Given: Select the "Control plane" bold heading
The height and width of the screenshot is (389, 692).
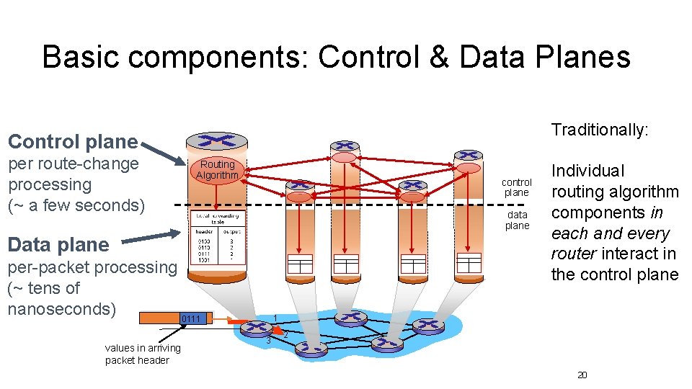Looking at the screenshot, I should click(72, 141).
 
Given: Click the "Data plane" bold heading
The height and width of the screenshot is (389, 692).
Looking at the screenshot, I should click(58, 244).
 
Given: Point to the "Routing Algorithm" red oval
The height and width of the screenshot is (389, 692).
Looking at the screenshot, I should click(217, 170).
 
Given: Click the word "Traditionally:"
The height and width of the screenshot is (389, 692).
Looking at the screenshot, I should click(600, 130).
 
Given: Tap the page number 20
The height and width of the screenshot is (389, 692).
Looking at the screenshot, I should click(582, 375).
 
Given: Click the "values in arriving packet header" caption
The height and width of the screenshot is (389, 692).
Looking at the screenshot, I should click(143, 354).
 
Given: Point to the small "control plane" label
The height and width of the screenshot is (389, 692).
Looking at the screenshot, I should click(517, 187).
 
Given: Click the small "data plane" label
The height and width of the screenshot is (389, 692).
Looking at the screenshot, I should click(517, 220).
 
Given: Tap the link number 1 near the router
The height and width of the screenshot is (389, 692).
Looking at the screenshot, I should click(275, 318).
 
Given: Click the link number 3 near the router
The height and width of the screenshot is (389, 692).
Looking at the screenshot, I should click(268, 340).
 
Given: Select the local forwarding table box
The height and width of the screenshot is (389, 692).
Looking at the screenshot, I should click(216, 238).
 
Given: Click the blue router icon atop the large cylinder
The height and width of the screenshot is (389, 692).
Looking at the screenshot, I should click(216, 140).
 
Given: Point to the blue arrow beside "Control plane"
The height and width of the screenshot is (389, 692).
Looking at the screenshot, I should click(161, 151).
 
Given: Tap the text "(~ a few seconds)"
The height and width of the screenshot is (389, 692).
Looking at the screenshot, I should click(76, 205).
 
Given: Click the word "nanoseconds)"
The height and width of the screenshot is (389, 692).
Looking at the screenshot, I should click(61, 309).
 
